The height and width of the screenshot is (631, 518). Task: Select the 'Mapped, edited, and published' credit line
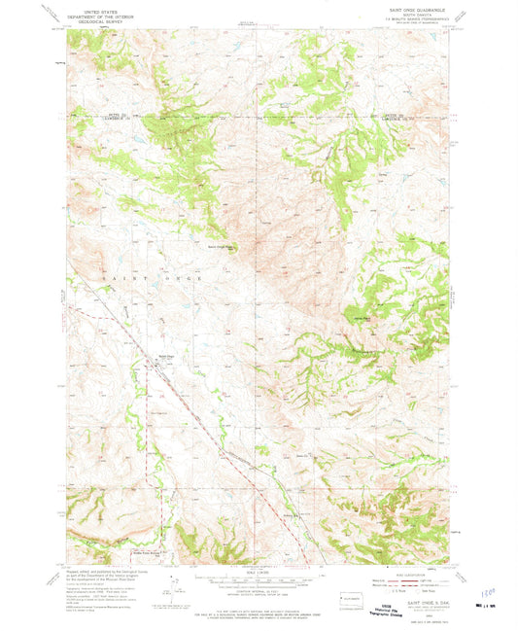click(102, 565)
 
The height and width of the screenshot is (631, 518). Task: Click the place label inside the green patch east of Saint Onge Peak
click(360, 313)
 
